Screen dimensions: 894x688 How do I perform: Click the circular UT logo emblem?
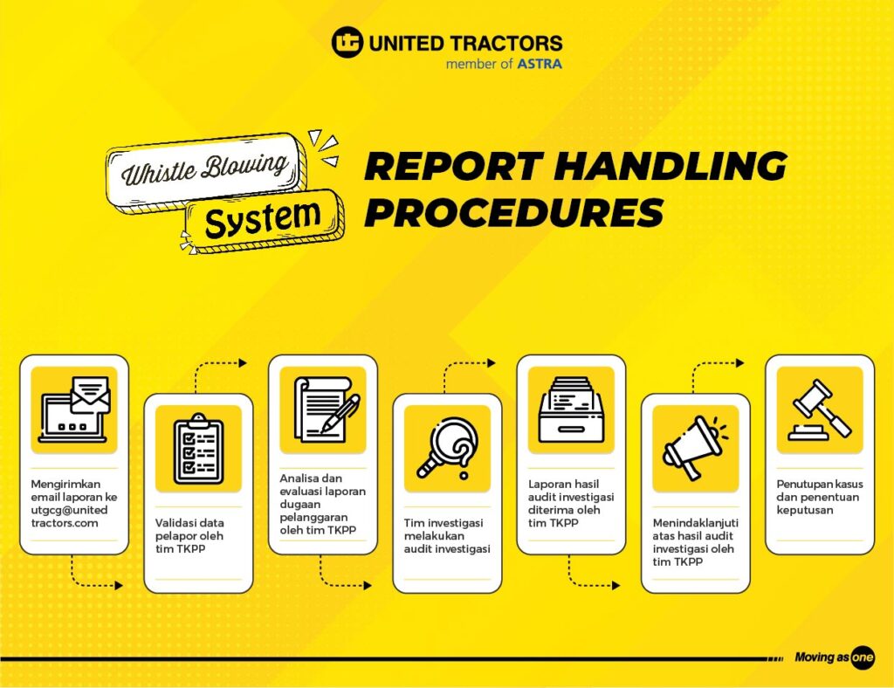pos(347,42)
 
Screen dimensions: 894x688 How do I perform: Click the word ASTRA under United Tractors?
pos(540,64)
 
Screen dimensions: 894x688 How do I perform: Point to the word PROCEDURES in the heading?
pos(514,212)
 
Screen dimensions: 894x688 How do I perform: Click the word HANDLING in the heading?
pos(670,166)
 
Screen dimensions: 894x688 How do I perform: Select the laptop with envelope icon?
pos(74,409)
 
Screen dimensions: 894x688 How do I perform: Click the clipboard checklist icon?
pos(198,449)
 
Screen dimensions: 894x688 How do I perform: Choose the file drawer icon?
pos(571,409)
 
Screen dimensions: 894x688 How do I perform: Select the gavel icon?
pos(820,409)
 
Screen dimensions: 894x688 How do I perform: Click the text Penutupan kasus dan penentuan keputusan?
pos(819,497)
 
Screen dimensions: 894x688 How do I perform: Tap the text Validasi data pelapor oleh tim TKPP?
pos(189,535)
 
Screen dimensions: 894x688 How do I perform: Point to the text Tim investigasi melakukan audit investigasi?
pos(447,535)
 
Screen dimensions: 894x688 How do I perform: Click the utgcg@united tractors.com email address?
pos(69,516)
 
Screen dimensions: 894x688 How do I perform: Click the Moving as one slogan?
pos(834,657)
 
